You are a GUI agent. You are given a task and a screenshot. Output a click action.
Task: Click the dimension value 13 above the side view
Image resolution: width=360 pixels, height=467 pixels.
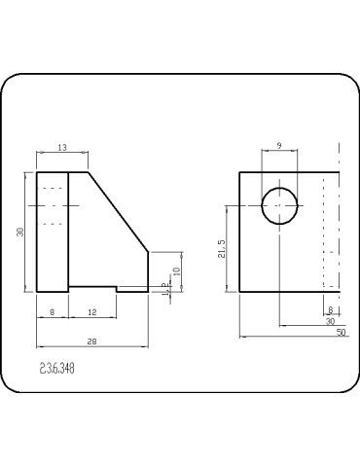click(x=62, y=147)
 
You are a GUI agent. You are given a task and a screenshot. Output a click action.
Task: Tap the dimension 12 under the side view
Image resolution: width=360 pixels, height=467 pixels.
click(x=91, y=311)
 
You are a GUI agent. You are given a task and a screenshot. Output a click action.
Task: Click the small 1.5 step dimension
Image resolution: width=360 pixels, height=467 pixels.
click(x=165, y=288)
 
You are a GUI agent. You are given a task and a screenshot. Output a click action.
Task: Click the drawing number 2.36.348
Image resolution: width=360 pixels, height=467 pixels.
click(x=57, y=369)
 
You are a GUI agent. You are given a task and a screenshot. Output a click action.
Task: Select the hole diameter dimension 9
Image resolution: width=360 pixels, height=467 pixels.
click(x=280, y=146)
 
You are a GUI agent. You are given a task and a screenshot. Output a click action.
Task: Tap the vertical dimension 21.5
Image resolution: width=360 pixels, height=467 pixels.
click(x=223, y=250)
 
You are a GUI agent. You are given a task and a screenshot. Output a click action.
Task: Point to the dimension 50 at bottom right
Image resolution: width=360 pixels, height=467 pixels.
click(x=341, y=332)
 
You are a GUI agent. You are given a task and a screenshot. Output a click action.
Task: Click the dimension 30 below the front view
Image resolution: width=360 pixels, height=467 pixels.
click(x=329, y=321)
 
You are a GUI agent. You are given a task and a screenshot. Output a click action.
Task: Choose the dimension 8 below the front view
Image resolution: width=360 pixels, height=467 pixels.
click(x=330, y=310)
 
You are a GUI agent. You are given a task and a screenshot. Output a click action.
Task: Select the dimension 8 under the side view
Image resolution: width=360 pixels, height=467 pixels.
click(x=52, y=311)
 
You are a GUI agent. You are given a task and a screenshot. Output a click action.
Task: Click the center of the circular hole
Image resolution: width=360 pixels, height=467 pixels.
click(x=280, y=206)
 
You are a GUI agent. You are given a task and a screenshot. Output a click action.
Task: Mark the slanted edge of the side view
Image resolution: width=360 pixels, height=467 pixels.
click(x=119, y=212)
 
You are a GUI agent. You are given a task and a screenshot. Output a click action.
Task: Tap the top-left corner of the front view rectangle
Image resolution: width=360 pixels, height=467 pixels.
click(x=240, y=172)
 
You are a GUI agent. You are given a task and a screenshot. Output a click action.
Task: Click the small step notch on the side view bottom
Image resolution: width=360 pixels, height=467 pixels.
click(x=117, y=288)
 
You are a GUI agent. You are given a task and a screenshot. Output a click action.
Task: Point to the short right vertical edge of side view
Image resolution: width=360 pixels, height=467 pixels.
click(x=148, y=270)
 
